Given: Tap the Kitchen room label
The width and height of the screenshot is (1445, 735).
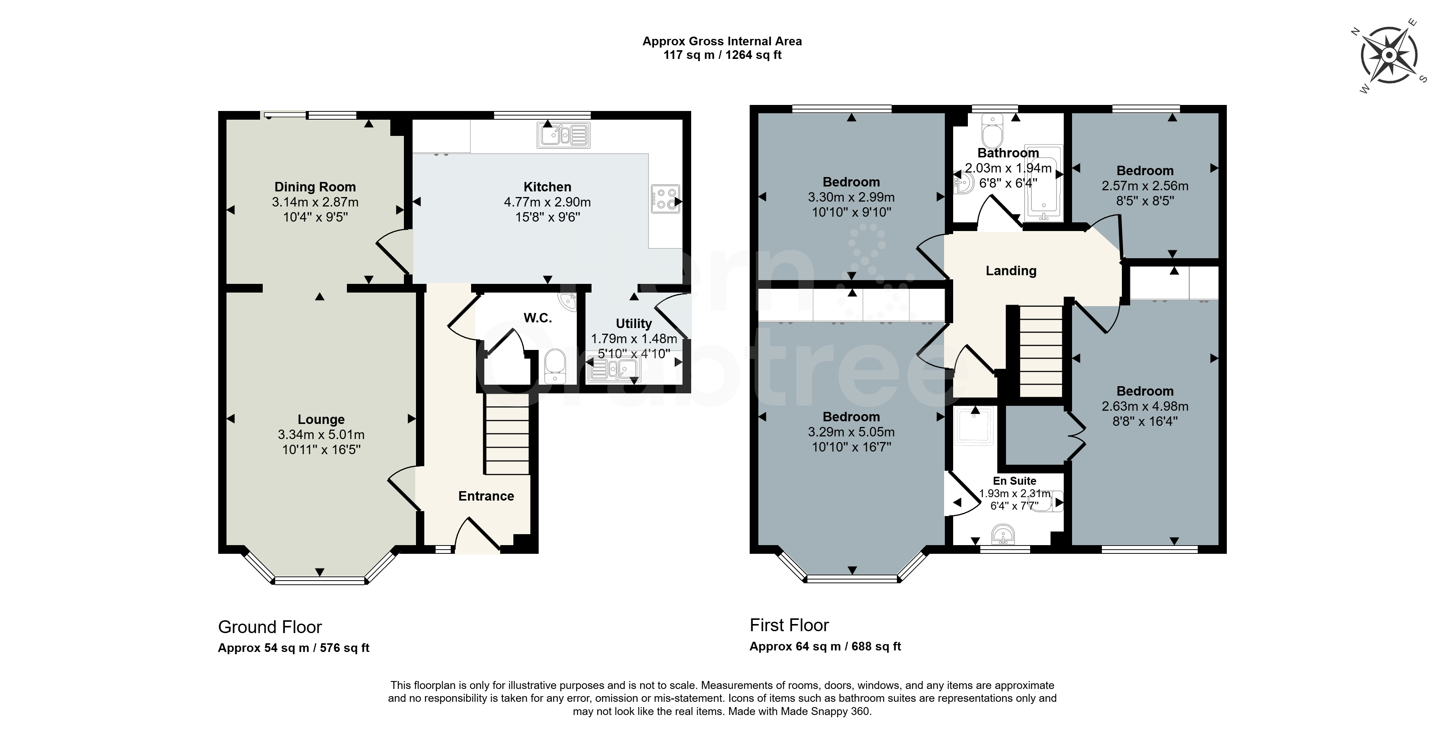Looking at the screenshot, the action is coord(547,187).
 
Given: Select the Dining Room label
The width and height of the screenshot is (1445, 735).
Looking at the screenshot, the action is coord(315,187).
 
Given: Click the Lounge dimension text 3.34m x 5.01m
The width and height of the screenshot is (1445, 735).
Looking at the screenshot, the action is coord(321,434).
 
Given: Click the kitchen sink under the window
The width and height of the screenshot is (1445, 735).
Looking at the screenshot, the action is coord(564,135).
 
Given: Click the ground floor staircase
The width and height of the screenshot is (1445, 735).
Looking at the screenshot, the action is coord(507,434).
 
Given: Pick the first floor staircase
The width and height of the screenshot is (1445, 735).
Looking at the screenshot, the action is coord(1041,352).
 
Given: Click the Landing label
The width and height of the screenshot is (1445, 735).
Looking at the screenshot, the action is coord(1011,271).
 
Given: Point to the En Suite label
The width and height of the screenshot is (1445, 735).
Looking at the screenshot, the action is coord(1014,481).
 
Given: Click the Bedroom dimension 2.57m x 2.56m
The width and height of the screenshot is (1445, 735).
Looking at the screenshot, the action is coord(1145,186).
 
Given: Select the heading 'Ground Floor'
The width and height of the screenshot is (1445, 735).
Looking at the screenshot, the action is coord(270,627).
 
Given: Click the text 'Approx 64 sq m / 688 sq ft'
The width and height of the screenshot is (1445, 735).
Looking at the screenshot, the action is coord(825,646).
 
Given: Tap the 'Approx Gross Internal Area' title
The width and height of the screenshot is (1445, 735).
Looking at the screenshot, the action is coord(722,41).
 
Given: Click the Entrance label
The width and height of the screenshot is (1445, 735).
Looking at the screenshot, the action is coord(486,496).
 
